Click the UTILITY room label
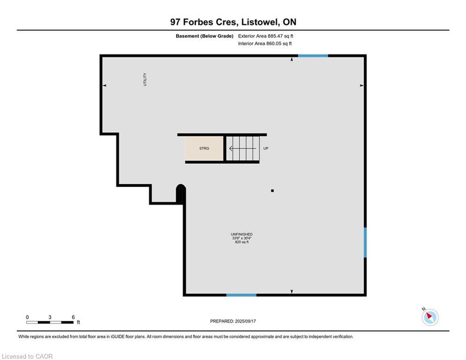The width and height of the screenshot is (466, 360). pyautogui.click(x=145, y=79)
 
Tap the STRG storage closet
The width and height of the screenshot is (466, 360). pyautogui.click(x=204, y=149)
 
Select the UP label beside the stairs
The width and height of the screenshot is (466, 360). pyautogui.click(x=266, y=148)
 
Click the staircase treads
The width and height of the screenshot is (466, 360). pyautogui.click(x=243, y=149)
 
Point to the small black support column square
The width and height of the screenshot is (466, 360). pyautogui.click(x=272, y=191)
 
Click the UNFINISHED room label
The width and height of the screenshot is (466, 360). pyautogui.click(x=242, y=234)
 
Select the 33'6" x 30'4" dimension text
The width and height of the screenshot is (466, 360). pyautogui.click(x=242, y=238)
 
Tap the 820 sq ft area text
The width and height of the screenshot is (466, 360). pyautogui.click(x=242, y=242)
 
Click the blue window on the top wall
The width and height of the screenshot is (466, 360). pyautogui.click(x=313, y=56)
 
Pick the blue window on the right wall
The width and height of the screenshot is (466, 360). pyautogui.click(x=365, y=242)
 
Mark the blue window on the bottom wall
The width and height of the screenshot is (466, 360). pyautogui.click(x=241, y=295)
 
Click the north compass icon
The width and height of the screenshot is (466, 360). pyautogui.click(x=430, y=317)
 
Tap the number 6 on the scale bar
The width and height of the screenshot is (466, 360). pyautogui.click(x=73, y=317)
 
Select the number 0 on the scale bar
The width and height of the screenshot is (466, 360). pyautogui.click(x=27, y=317)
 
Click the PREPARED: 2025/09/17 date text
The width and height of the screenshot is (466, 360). pyautogui.click(x=233, y=321)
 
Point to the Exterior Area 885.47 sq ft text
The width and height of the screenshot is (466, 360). pyautogui.click(x=266, y=36)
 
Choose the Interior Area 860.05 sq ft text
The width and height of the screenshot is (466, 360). pyautogui.click(x=265, y=44)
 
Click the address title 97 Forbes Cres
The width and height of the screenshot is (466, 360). pyautogui.click(x=204, y=22)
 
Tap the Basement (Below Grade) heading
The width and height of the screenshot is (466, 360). pyautogui.click(x=205, y=36)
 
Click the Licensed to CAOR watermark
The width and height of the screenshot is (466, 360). pyautogui.click(x=27, y=356)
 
